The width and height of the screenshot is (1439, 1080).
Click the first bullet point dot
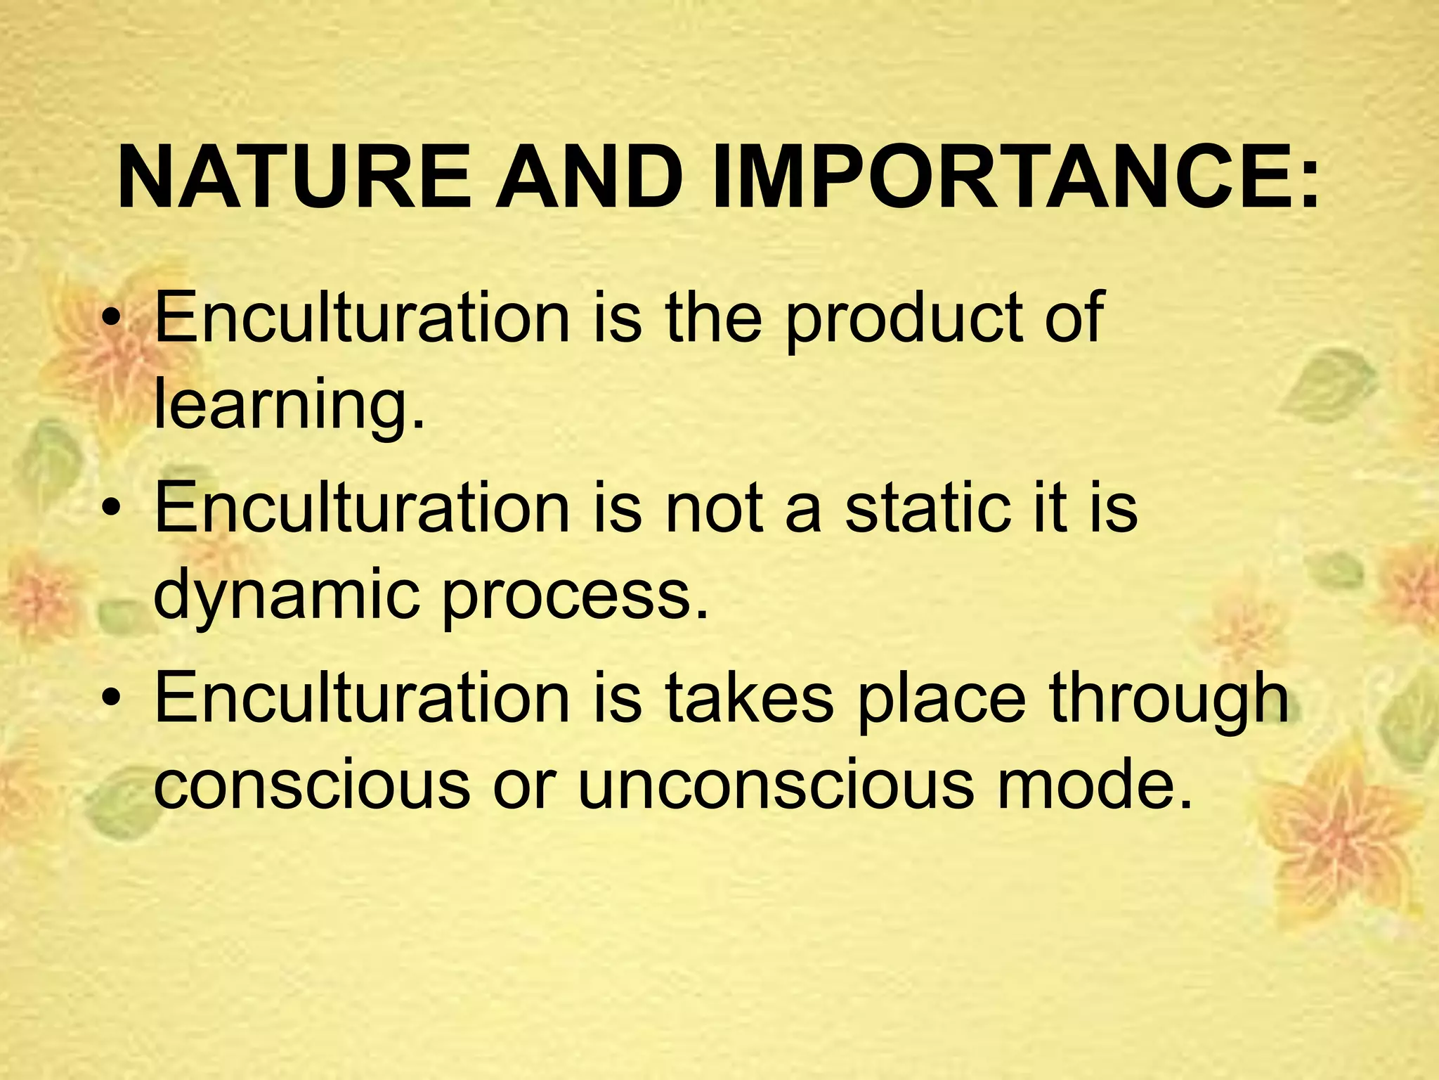click(x=112, y=321)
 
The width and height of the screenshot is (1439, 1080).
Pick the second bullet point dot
click(x=112, y=511)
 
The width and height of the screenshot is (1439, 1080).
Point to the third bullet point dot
click(x=112, y=701)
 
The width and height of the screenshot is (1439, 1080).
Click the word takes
click(x=749, y=697)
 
